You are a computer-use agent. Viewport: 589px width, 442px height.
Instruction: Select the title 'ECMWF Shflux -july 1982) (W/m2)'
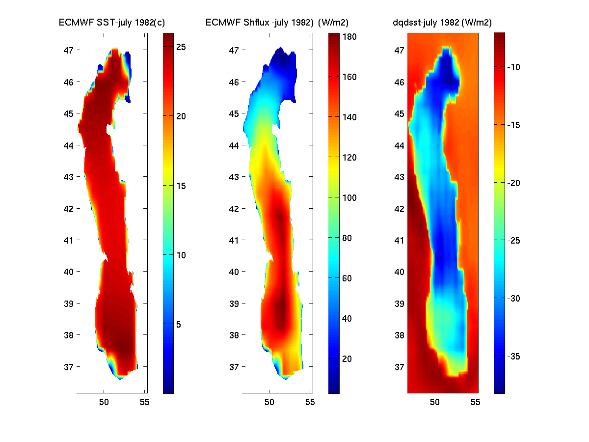tap(274, 22)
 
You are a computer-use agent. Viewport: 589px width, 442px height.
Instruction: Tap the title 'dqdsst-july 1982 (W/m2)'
tap(442, 22)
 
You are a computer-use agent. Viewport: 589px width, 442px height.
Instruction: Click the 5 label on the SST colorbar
tap(179, 324)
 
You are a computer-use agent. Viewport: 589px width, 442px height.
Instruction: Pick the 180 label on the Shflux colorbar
tap(350, 37)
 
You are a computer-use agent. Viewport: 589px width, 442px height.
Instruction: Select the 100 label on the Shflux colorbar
tap(350, 197)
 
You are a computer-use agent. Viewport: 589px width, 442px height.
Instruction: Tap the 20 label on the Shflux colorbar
tap(347, 359)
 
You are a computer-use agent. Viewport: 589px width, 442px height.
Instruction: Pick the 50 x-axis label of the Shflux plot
tap(269, 403)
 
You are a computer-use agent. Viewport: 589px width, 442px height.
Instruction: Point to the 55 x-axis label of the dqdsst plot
tap(475, 403)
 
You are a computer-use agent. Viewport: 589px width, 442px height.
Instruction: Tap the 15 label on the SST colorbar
tap(181, 186)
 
